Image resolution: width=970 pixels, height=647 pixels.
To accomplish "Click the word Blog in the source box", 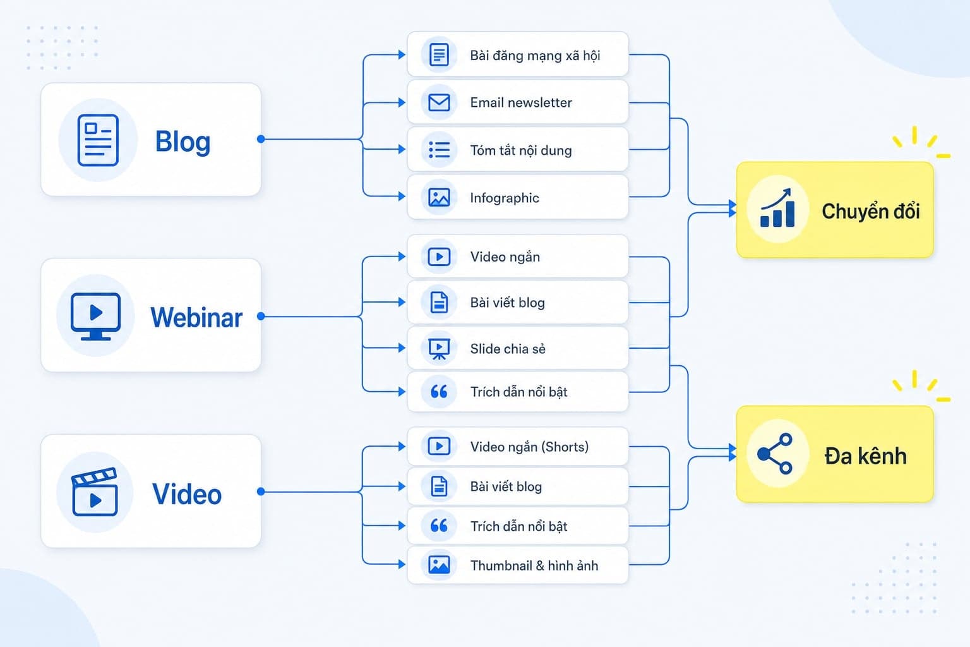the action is point(183,142).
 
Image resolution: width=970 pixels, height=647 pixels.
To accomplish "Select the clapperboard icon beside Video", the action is point(95,492).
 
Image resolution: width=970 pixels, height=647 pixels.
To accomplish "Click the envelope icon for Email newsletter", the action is point(439,103).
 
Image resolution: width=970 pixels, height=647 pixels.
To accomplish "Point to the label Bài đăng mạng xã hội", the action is point(535,56).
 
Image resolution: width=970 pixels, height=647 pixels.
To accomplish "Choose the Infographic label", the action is point(505,198).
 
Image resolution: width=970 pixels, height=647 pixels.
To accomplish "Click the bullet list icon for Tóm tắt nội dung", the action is point(439,150).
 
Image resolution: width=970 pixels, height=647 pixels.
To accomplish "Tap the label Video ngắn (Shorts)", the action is point(529,446).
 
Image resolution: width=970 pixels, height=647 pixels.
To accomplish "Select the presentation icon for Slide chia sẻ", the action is point(439,349).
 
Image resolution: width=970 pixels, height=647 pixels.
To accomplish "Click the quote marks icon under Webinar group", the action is point(439,392).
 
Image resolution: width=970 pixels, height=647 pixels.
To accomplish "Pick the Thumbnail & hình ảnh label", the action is point(534,565).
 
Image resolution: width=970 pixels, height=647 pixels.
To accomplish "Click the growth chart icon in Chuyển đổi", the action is point(778,208).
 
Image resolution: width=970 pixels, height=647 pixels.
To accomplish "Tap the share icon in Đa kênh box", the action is point(775,454).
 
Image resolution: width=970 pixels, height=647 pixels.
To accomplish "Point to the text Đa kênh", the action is point(865,456).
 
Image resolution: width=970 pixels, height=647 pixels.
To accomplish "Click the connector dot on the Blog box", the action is point(261,139).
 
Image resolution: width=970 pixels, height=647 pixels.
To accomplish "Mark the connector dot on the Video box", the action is point(261,492).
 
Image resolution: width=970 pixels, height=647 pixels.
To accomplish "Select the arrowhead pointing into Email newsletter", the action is point(402,103).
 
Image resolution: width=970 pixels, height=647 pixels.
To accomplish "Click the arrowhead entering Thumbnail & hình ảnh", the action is point(402,564).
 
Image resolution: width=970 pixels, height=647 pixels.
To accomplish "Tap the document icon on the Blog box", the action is point(98,140).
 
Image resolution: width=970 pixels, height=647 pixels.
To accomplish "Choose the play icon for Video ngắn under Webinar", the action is point(439,257).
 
